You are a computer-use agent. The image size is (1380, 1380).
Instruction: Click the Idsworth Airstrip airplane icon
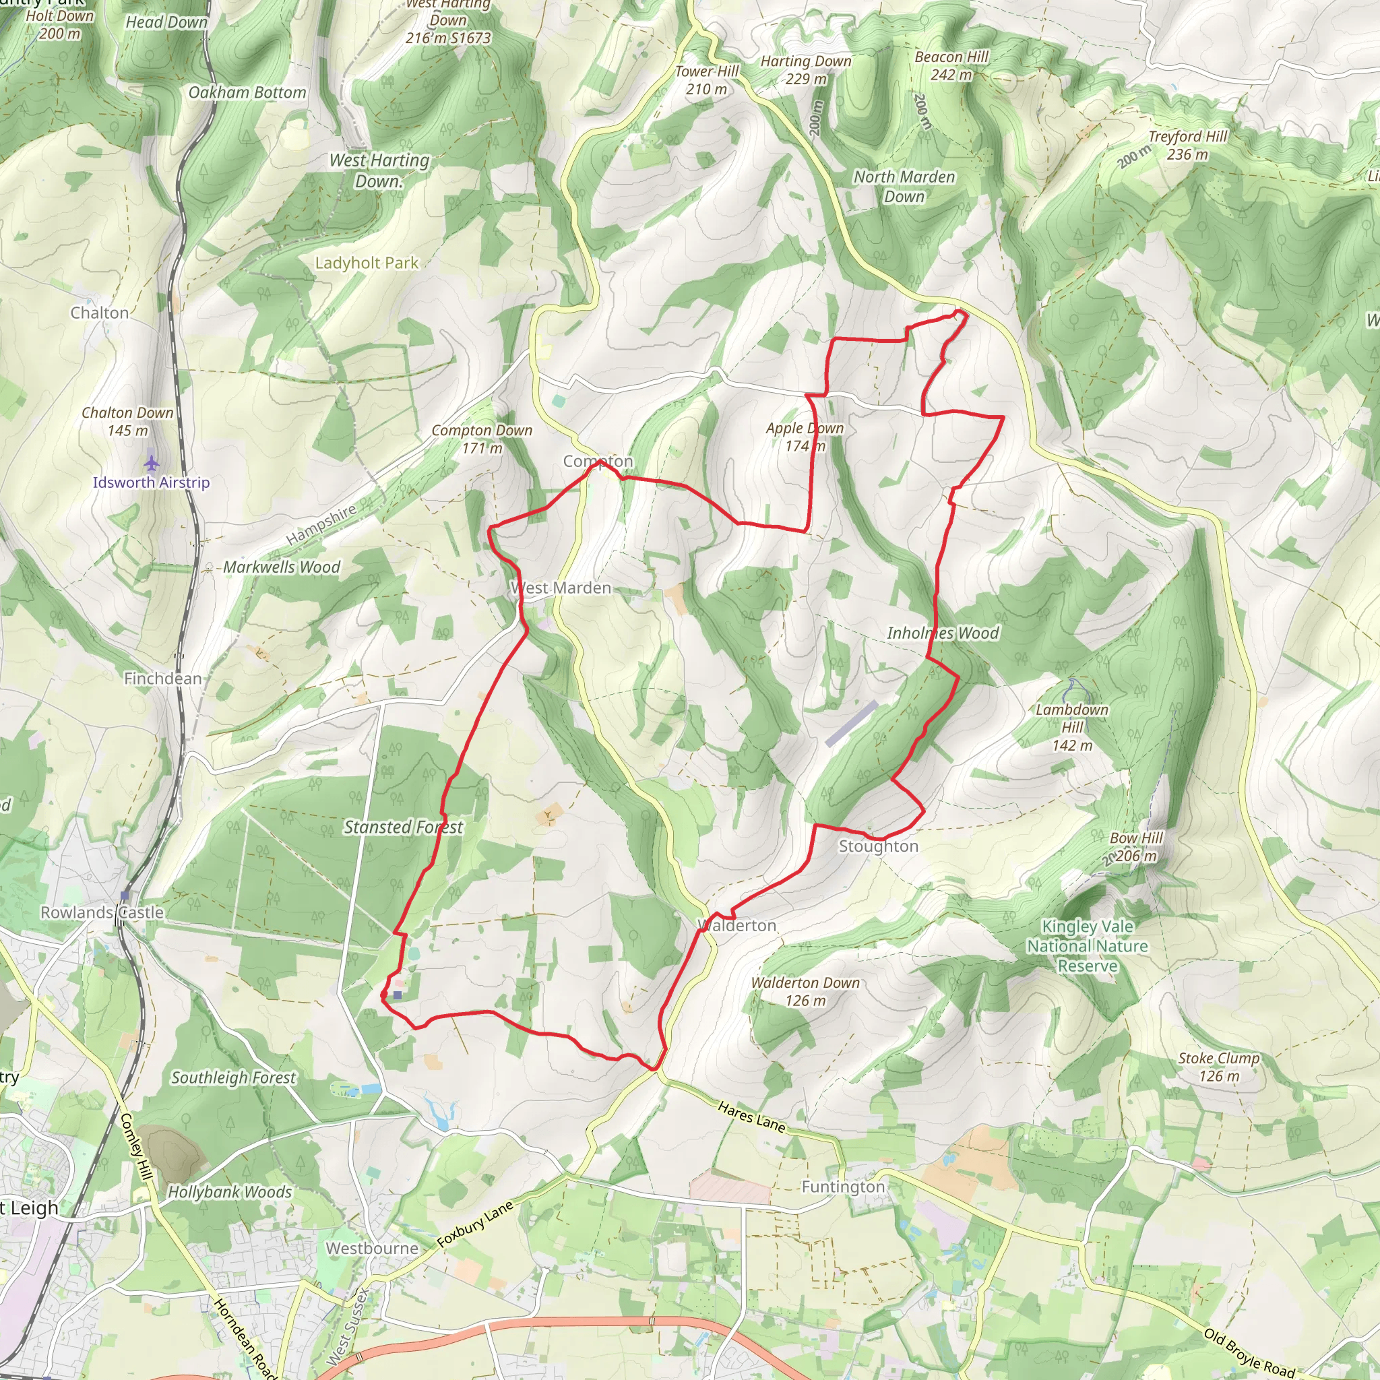[x=151, y=462]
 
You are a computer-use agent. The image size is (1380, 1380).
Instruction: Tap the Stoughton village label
[x=878, y=846]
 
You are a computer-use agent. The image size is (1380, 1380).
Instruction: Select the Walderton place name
[x=737, y=926]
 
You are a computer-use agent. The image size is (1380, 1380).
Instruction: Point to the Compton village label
[x=598, y=462]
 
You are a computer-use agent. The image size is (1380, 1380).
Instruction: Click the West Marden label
[x=561, y=588]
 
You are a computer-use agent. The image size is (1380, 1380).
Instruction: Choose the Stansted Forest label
[x=404, y=827]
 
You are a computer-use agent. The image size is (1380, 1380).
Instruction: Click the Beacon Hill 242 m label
[x=951, y=66]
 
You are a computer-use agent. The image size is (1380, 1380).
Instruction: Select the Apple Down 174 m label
[x=805, y=437]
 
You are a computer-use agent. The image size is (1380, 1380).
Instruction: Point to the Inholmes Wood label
[x=943, y=633]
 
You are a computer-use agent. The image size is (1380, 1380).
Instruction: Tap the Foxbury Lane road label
[x=475, y=1224]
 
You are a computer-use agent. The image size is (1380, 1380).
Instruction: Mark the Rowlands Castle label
[x=102, y=913]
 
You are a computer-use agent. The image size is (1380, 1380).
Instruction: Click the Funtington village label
[x=843, y=1187]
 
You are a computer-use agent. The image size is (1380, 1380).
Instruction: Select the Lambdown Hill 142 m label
[x=1072, y=728]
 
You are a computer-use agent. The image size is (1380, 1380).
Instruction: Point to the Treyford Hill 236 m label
[x=1187, y=146]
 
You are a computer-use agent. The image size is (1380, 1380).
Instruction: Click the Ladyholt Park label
[x=367, y=263]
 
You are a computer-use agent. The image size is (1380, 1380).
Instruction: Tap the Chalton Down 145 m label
[x=128, y=421]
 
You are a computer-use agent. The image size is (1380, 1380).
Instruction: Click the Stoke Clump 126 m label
[x=1219, y=1067]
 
